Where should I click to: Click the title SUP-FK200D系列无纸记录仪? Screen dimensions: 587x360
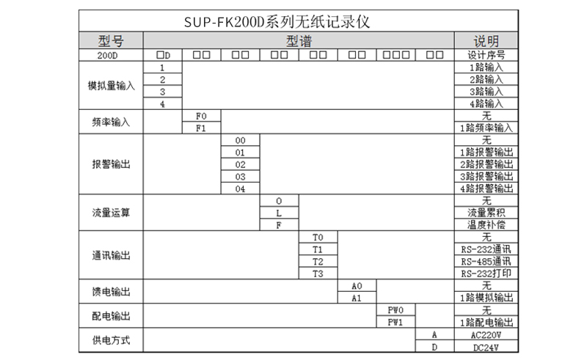(277, 22)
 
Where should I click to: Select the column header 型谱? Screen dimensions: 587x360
(299, 41)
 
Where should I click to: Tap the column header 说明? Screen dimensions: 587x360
(486, 41)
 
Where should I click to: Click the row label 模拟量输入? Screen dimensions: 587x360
(112, 86)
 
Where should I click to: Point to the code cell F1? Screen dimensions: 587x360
(201, 128)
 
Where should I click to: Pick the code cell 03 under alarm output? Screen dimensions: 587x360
(240, 177)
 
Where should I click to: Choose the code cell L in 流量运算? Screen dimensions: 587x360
(279, 213)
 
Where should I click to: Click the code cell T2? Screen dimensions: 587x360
(318, 262)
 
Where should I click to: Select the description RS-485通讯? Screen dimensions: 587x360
(486, 262)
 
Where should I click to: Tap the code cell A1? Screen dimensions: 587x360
(357, 298)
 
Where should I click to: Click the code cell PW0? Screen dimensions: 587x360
(395, 310)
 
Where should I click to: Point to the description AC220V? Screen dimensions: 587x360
(486, 335)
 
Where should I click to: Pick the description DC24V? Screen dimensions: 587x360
(486, 348)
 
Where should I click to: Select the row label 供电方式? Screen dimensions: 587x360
(112, 340)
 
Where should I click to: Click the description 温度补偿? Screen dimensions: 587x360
(486, 225)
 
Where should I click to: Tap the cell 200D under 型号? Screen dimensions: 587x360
(107, 56)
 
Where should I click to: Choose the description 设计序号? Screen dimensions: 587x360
(486, 55)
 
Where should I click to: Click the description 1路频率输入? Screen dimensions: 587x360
(486, 128)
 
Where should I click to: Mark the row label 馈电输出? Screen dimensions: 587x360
(112, 292)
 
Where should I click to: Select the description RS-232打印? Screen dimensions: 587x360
(486, 273)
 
